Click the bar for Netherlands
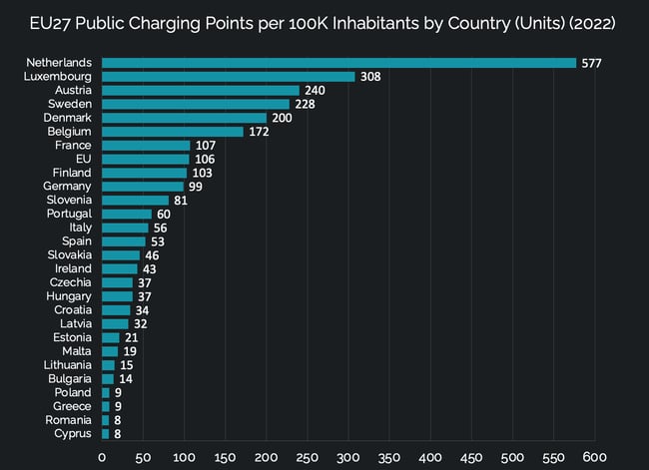click(338, 63)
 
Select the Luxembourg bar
click(228, 77)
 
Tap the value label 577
click(593, 63)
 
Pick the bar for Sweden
click(195, 104)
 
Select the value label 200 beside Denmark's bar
click(283, 118)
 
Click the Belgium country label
click(69, 132)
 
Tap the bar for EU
click(145, 159)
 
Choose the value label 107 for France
click(206, 146)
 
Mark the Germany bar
click(142, 187)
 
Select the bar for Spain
click(123, 241)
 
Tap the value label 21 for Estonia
click(132, 337)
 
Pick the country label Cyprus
click(73, 434)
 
